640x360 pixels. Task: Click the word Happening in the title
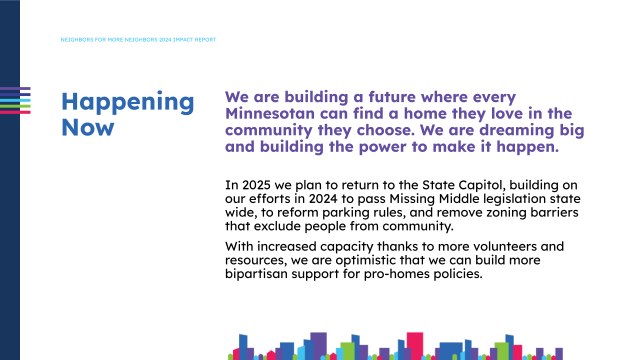tap(127, 102)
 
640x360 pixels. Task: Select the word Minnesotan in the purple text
tap(270, 113)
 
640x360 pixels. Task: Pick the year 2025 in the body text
tap(256, 185)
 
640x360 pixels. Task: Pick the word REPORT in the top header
tap(207, 39)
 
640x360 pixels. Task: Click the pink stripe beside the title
tap(15, 112)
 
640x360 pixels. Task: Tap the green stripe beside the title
tap(15, 106)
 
